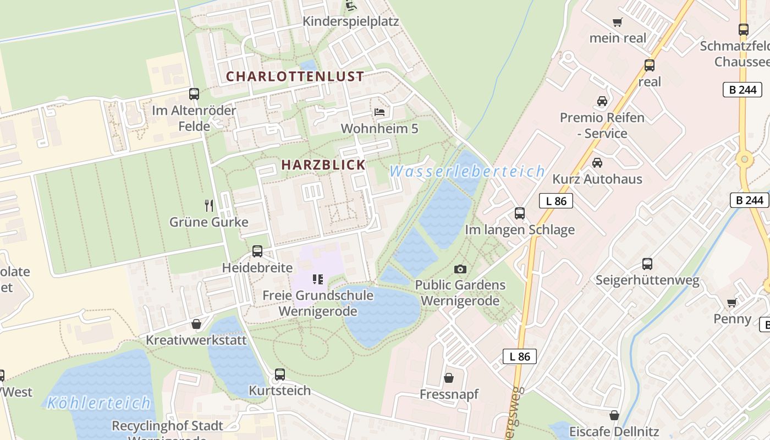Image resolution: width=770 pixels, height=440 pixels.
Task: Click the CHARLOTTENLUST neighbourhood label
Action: click(295, 76)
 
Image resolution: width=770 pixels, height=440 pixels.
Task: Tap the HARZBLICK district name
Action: click(323, 164)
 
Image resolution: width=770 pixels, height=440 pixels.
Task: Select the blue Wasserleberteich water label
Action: click(467, 172)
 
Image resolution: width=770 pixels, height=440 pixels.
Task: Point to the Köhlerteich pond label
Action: click(98, 403)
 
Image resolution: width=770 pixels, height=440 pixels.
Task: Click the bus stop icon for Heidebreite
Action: click(257, 251)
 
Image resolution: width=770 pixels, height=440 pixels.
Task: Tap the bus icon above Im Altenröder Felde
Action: click(194, 94)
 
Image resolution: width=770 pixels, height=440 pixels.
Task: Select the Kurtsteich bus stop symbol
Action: click(280, 375)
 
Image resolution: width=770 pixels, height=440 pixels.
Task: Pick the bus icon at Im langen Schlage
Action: click(519, 213)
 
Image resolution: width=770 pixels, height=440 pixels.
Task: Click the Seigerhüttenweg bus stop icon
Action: click(647, 264)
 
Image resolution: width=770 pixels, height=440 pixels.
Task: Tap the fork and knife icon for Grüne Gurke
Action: click(209, 206)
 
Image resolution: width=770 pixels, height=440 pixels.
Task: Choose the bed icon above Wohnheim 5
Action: click(380, 112)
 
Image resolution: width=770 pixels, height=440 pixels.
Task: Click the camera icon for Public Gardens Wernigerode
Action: click(460, 269)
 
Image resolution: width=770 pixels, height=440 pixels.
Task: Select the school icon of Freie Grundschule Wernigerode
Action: click(317, 279)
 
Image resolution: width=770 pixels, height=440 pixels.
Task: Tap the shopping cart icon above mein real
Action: click(618, 23)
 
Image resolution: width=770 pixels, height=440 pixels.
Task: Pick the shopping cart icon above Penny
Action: click(732, 302)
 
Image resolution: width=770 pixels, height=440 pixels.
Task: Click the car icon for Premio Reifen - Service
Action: click(602, 101)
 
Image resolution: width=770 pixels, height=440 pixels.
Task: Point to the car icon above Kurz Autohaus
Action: click(597, 162)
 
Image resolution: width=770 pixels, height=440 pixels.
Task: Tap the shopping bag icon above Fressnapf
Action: click(449, 378)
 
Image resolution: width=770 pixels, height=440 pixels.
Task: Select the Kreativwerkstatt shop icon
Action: click(196, 324)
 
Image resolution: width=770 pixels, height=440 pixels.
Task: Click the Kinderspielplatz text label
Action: click(351, 21)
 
